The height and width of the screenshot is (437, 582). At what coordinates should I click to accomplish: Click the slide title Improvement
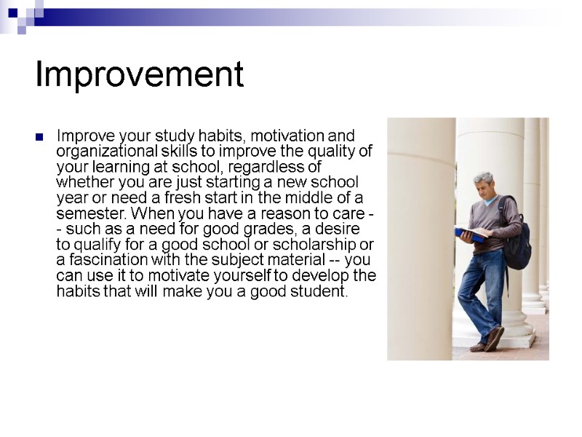139,74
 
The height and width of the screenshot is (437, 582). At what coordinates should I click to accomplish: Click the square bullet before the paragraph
41,136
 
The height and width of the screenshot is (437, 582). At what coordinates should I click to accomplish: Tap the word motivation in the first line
290,136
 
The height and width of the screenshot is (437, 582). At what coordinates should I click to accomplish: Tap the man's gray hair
483,178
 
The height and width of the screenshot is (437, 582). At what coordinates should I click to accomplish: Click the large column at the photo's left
420,240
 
